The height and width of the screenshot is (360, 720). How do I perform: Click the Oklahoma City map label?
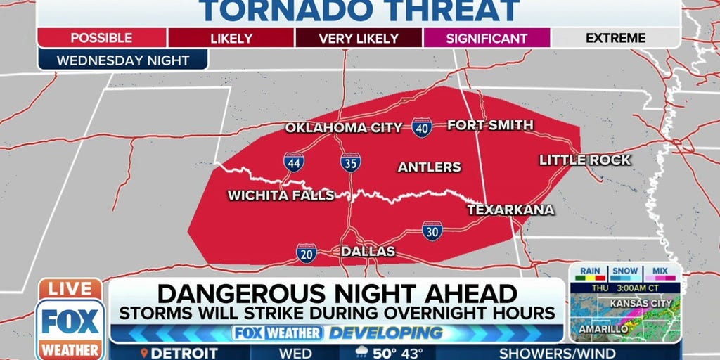tap(343, 127)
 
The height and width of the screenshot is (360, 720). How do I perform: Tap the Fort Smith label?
tap(490, 125)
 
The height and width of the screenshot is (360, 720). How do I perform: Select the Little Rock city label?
tap(584, 160)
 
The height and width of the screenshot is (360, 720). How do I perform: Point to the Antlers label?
tap(429, 167)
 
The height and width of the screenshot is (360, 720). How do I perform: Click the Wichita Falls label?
tap(281, 195)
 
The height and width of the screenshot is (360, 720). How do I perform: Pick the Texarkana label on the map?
tap(510, 210)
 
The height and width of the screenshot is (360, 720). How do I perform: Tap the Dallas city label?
tap(368, 251)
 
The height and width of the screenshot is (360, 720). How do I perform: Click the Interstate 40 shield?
tap(422, 127)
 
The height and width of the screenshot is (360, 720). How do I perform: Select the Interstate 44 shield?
tap(294, 162)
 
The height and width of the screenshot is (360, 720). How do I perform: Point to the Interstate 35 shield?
tap(350, 162)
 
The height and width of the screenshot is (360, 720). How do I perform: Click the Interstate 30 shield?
tap(432, 231)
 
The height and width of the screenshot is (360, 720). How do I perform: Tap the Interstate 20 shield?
tap(306, 253)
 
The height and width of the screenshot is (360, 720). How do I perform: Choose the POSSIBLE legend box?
tap(101, 38)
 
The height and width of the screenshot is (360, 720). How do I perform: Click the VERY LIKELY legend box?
tap(359, 38)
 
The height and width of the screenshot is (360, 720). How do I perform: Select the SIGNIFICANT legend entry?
tap(486, 38)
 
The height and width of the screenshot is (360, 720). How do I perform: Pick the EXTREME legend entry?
tap(615, 38)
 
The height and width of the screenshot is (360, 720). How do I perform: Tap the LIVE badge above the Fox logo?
tap(70, 289)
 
